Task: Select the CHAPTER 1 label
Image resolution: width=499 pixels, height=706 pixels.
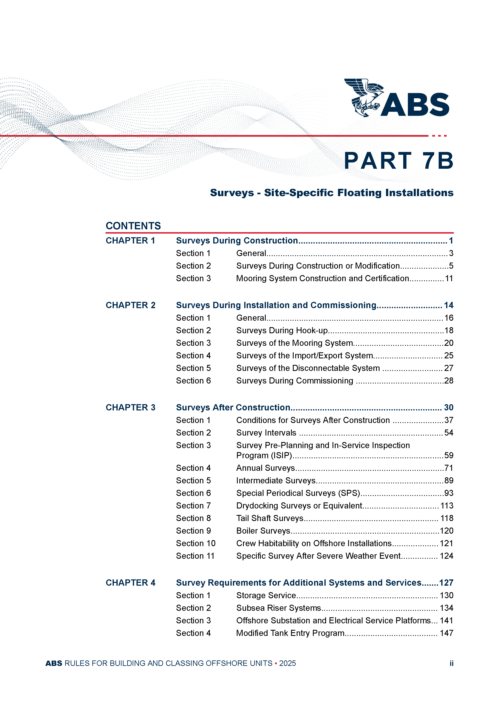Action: tap(130, 240)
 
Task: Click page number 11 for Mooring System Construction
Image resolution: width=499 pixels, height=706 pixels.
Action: tap(449, 278)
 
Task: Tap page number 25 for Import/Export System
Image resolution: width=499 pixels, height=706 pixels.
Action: tap(449, 356)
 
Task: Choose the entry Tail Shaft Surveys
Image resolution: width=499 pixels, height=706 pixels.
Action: tap(270, 518)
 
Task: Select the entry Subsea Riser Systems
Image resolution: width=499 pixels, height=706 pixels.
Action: tap(278, 608)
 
